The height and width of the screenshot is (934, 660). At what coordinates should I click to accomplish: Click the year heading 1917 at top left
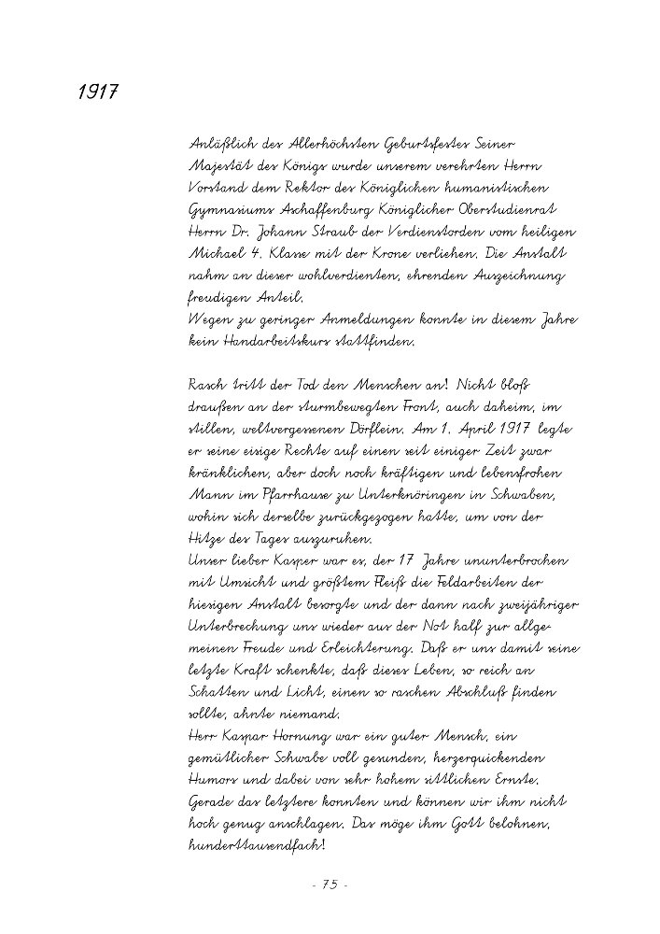pos(95,94)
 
